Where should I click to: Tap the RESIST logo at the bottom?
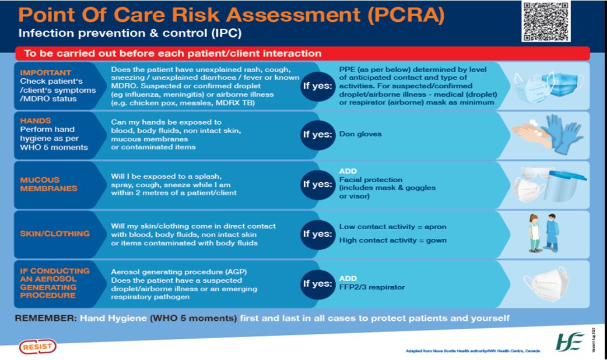[x=38, y=347]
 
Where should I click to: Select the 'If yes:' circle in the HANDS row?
[x=317, y=135]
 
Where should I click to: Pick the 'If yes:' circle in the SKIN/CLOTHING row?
[x=317, y=234]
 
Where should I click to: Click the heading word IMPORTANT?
[x=46, y=73]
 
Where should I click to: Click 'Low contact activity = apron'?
[x=393, y=227]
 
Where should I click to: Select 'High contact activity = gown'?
[x=393, y=240]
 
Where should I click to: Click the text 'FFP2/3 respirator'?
[x=372, y=287]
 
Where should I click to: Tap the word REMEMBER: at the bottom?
[x=45, y=318]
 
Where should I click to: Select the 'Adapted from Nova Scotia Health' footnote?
[x=472, y=351]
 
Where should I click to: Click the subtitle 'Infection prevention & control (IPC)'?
[x=130, y=34]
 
